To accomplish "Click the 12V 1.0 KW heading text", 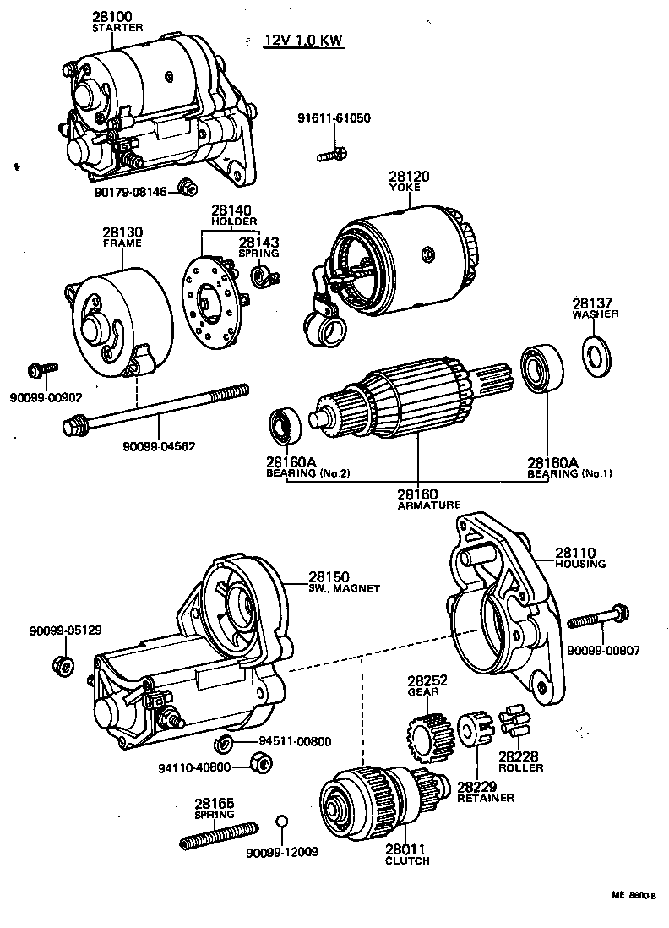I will pos(304,41).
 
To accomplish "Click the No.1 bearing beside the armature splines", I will pos(536,368).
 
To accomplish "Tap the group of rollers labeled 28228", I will pos(514,721).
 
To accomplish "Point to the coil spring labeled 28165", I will pos(218,836).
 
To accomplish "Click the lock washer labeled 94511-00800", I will pos(225,744).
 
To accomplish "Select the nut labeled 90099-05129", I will pos(61,663).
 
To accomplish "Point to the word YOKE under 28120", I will pos(408,188).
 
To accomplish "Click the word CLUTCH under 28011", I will pos(407,860).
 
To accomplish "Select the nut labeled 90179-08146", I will pos(188,187).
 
